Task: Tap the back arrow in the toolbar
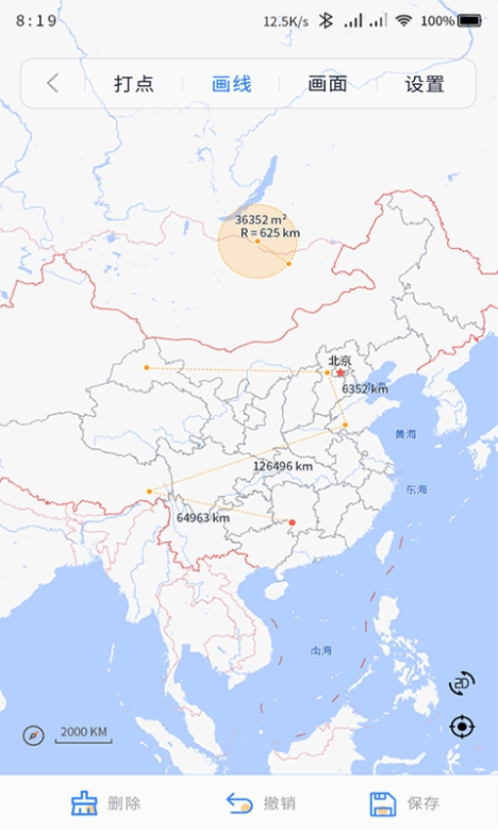(x=53, y=84)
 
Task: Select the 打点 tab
(x=134, y=84)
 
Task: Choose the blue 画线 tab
(x=231, y=84)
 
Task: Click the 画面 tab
(x=327, y=84)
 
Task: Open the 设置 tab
(x=425, y=84)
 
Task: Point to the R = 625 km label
(x=270, y=233)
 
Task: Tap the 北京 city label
(x=340, y=360)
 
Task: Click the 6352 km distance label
(x=364, y=389)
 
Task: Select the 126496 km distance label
(x=283, y=467)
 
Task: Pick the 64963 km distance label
(x=203, y=518)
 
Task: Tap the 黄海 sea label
(x=405, y=434)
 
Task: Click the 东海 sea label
(x=417, y=489)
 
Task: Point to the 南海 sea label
(x=321, y=650)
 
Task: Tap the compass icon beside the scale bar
(x=34, y=734)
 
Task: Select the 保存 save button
(x=404, y=804)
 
